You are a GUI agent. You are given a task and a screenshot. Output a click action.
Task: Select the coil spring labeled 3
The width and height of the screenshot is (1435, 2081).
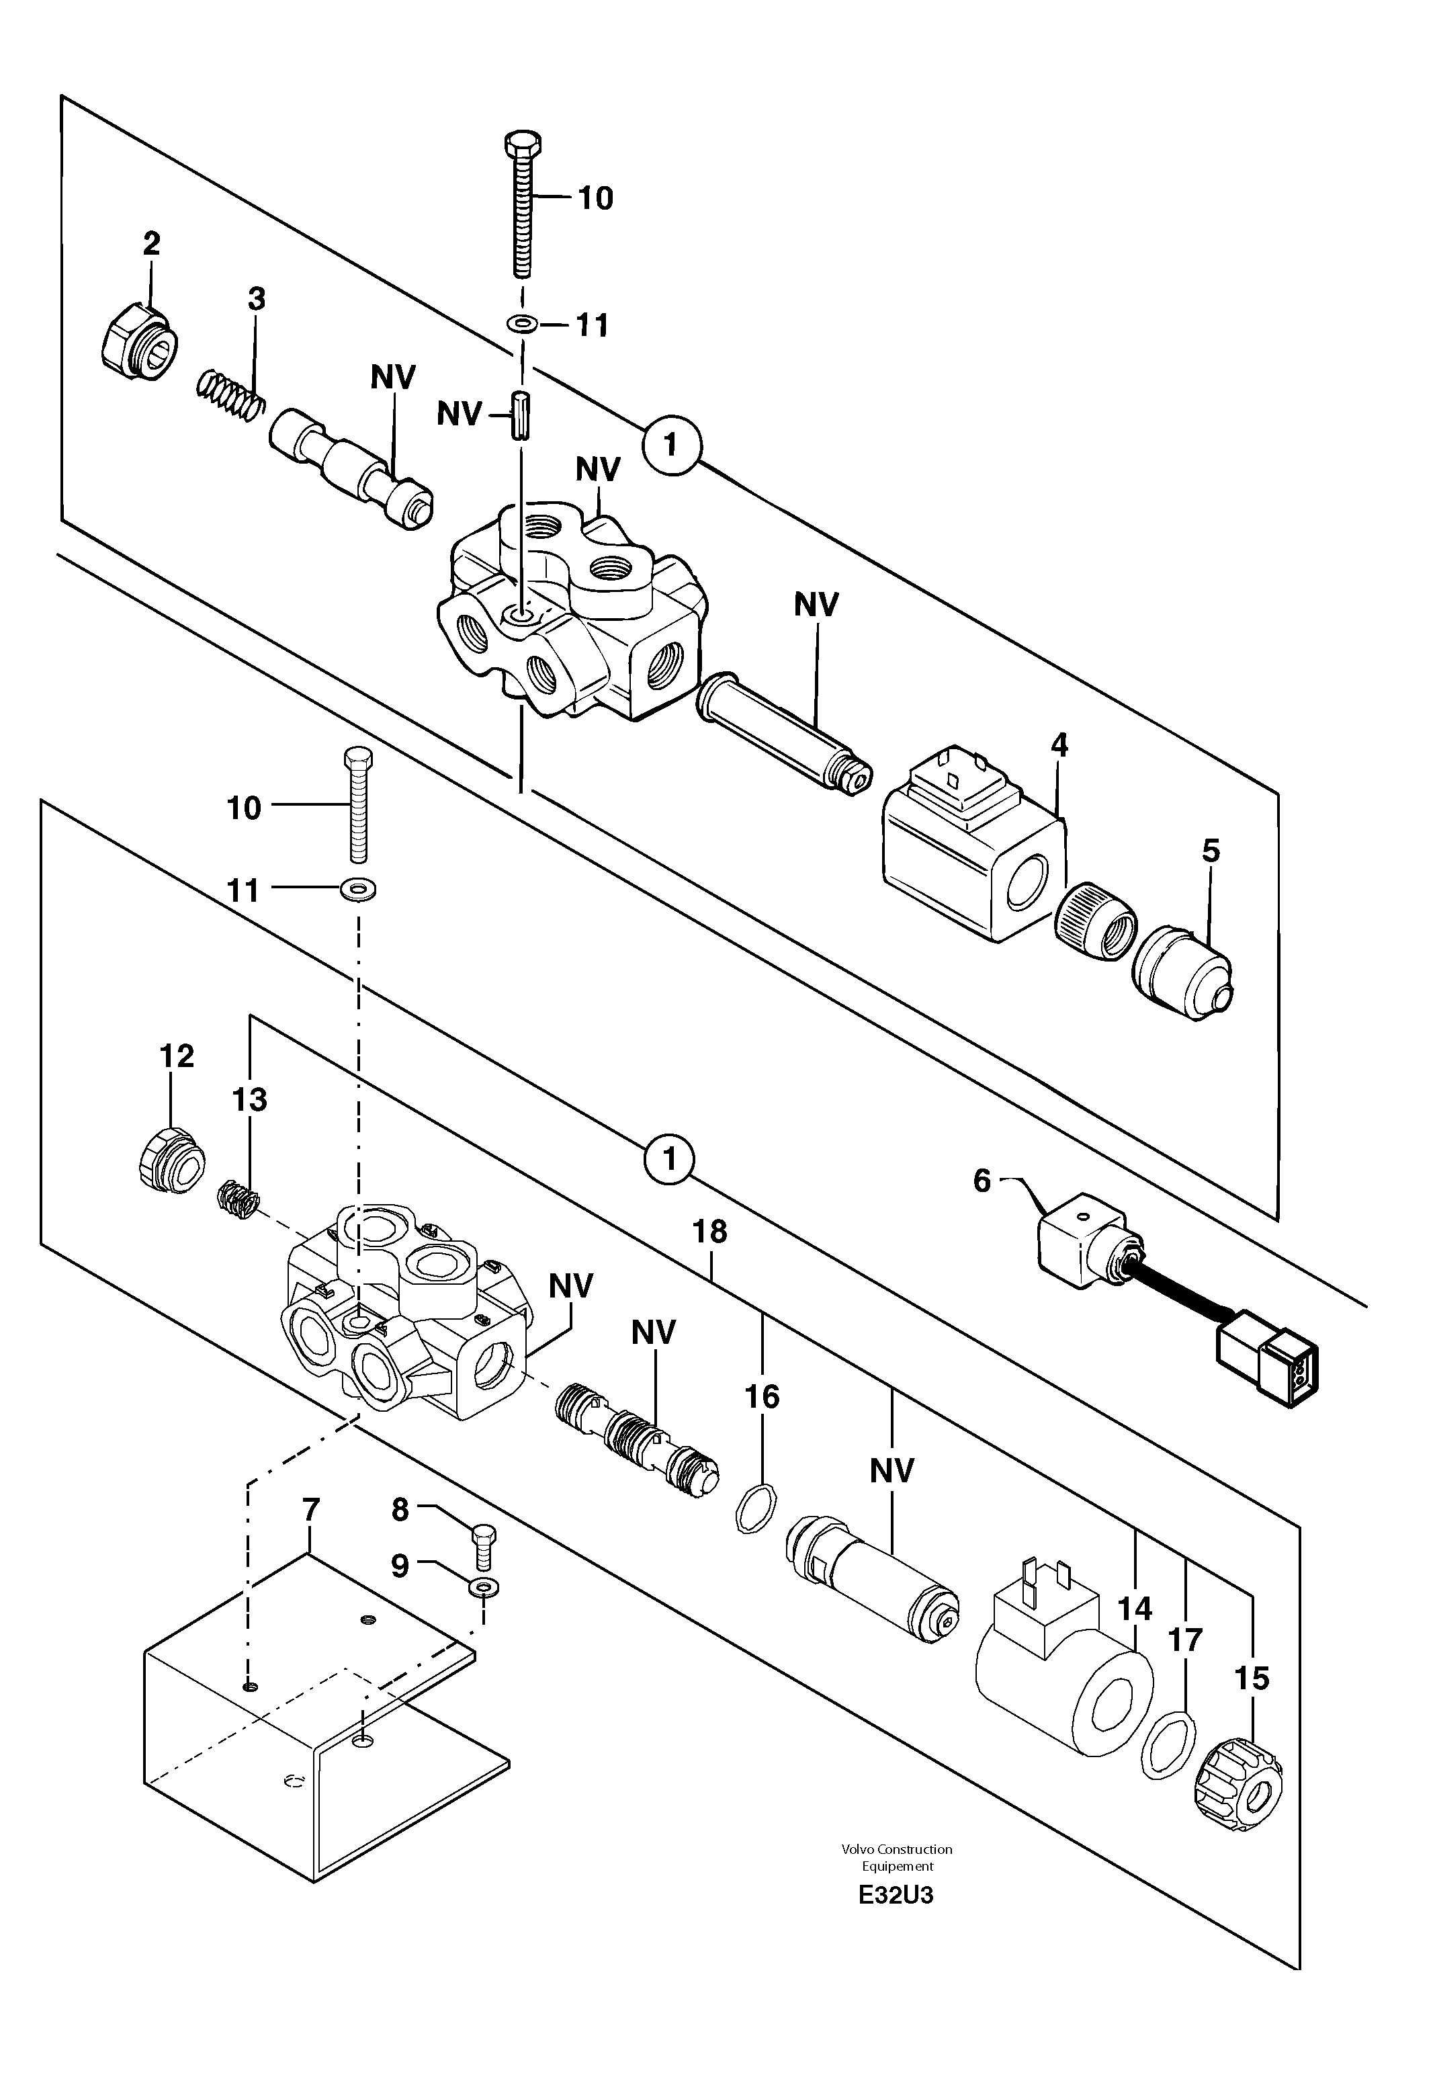[231, 395]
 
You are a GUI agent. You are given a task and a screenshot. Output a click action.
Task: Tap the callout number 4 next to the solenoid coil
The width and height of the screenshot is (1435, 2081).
[1059, 745]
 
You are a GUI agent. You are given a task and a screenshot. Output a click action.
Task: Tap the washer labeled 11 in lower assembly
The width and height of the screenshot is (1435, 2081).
[359, 890]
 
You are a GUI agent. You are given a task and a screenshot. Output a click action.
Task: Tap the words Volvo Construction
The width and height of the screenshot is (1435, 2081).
[896, 1850]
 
